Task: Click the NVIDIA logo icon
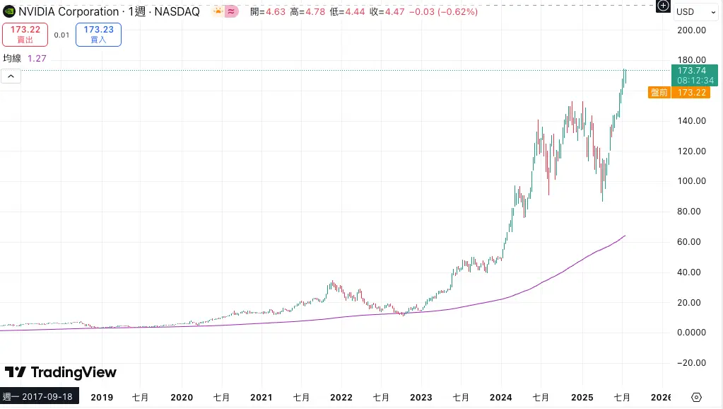coord(9,11)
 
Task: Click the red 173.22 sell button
coord(25,34)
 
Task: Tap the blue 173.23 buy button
coord(98,34)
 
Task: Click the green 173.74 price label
coord(691,71)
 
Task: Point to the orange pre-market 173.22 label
coord(691,93)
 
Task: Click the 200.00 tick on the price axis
coord(691,30)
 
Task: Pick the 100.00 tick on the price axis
coord(691,181)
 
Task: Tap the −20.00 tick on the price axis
coord(690,363)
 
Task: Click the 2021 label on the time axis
coord(261,397)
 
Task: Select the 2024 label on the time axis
coord(501,397)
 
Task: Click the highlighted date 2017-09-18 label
coord(40,397)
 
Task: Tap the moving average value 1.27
coord(37,59)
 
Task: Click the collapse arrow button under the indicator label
coord(11,76)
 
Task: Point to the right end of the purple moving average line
coord(625,236)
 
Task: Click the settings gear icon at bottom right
coord(696,397)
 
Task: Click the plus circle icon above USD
coord(663,6)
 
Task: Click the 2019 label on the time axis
coord(102,397)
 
